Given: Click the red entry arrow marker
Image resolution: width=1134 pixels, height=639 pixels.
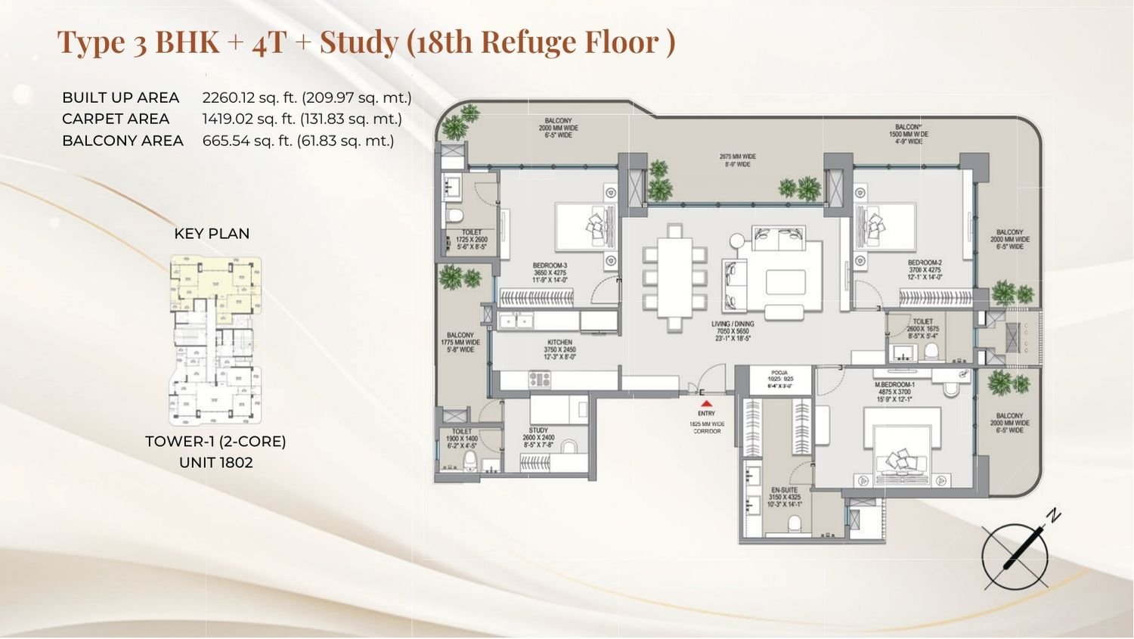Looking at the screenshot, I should pos(705,404).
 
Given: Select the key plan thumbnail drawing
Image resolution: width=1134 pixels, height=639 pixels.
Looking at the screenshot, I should pos(216,340).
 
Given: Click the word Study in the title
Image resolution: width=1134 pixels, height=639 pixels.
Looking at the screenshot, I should pos(358,42).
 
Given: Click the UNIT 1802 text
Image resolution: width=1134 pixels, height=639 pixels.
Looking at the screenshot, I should pos(215,462).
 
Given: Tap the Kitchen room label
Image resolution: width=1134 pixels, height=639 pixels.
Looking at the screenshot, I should pos(559,343).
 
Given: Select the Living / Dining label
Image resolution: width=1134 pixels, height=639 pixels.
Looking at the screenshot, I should pos(732,324).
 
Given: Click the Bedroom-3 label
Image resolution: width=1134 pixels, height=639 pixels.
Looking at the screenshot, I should pos(550,265).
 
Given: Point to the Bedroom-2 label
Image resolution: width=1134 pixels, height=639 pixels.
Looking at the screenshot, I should pos(924,263).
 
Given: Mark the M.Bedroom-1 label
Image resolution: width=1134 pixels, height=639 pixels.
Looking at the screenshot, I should pos(894,385).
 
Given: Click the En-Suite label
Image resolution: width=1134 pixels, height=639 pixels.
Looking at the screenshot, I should pos(778,490).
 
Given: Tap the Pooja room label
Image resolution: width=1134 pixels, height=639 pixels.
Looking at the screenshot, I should pos(779,373).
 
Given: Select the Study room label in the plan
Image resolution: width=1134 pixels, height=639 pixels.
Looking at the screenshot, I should pos(538,430).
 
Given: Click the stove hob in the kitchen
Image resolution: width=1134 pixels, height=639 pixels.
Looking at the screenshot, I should pos(541,378).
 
